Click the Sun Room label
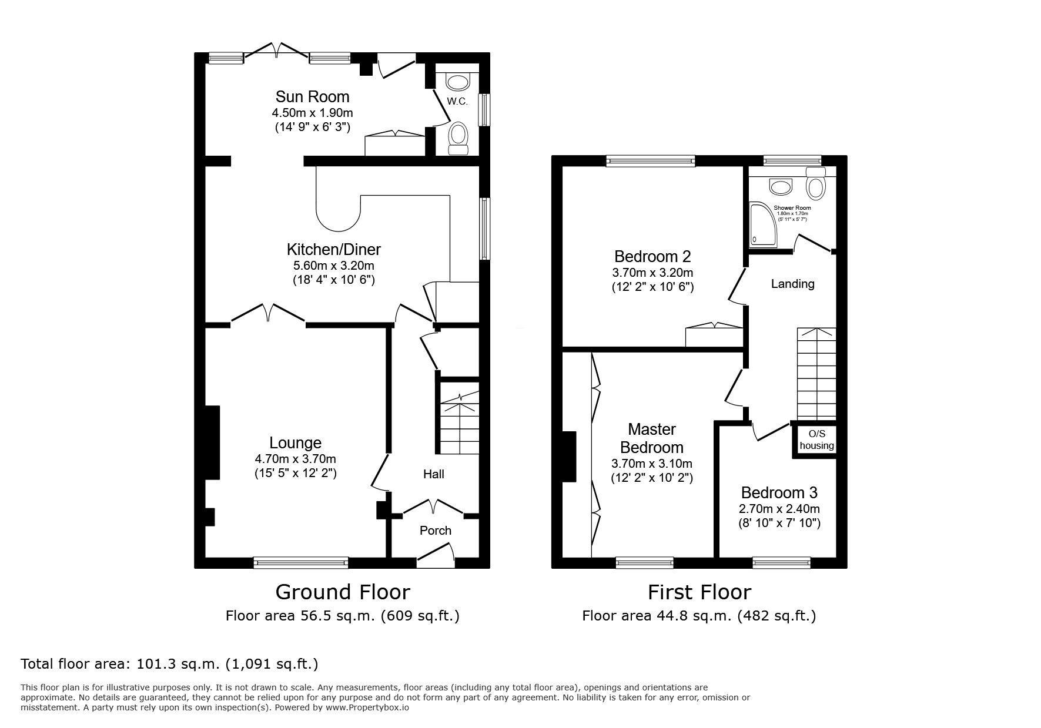click(312, 97)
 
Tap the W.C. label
click(457, 102)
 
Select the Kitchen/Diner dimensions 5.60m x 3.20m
click(333, 266)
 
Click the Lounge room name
click(295, 443)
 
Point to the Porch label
click(435, 531)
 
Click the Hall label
click(434, 474)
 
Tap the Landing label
click(792, 284)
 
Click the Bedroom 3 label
click(779, 492)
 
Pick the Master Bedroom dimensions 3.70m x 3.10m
click(652, 464)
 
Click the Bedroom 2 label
click(652, 256)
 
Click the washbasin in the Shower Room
click(781, 187)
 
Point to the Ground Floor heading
click(343, 592)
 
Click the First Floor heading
click(699, 592)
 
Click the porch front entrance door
click(436, 556)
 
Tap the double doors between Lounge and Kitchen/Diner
click(268, 313)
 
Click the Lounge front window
click(300, 563)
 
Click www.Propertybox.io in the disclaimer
click(367, 707)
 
